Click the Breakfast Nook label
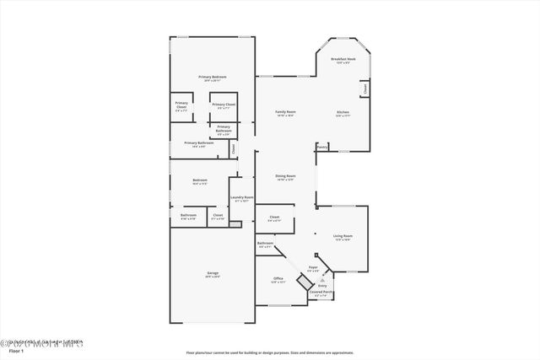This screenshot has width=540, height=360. tap(343, 59)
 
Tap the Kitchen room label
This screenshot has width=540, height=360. tap(343, 112)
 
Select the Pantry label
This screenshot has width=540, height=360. tap(321, 147)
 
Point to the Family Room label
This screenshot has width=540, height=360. tap(285, 112)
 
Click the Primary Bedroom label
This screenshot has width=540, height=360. tap(212, 77)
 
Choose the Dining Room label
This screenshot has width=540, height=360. tap(285, 176)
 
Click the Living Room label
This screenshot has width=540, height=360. tap(343, 236)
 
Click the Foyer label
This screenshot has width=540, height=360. tap(312, 267)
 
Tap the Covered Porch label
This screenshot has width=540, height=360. tap(320, 292)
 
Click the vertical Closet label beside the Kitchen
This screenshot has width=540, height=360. tap(364, 88)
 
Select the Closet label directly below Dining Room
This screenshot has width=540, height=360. tap(274, 218)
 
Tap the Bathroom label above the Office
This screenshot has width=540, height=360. tap(265, 244)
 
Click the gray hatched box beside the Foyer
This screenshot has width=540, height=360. tap(316, 255)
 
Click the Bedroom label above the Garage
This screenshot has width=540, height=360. tap(199, 180)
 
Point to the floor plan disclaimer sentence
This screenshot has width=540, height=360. tap(269, 352)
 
